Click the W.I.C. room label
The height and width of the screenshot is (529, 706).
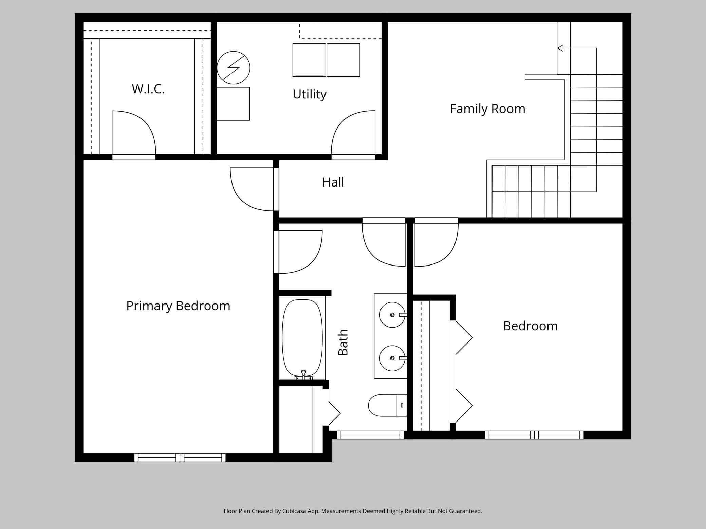[x=148, y=89]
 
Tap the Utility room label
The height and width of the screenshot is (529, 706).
[x=310, y=94]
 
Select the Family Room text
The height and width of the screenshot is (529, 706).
[x=487, y=109]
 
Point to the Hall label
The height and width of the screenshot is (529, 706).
[x=333, y=182]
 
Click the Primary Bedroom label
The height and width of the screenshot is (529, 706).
[x=178, y=306]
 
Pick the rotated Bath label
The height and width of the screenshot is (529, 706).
[x=343, y=342]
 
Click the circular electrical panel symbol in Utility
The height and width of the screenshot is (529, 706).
[x=234, y=68]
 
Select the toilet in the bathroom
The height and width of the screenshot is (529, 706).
[x=388, y=405]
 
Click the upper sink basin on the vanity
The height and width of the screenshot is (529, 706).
[x=392, y=315]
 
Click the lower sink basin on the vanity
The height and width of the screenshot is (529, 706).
[x=392, y=358]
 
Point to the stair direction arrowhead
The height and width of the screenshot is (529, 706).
[x=560, y=48]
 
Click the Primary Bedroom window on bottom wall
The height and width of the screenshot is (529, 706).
[x=180, y=457]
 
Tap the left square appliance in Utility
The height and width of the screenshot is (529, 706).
[x=309, y=60]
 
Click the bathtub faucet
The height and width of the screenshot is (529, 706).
[x=304, y=374]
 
